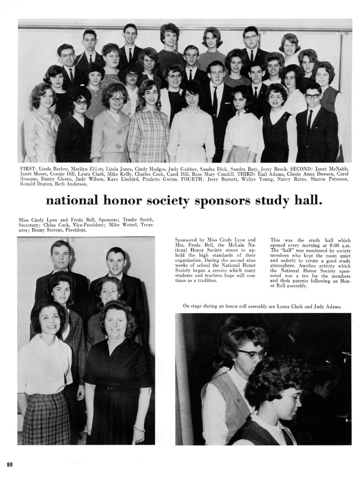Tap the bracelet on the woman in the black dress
coord(139,428)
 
